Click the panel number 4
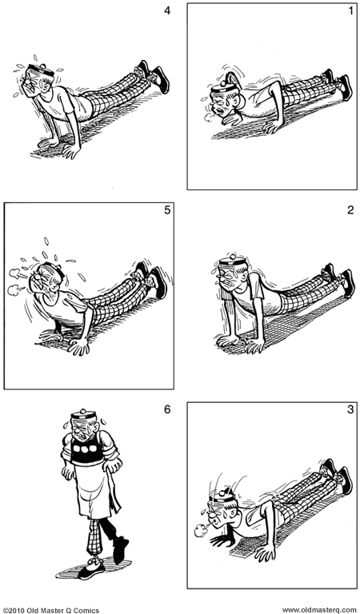(167, 11)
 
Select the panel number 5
(166, 211)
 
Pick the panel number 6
(166, 410)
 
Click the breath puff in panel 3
(199, 528)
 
